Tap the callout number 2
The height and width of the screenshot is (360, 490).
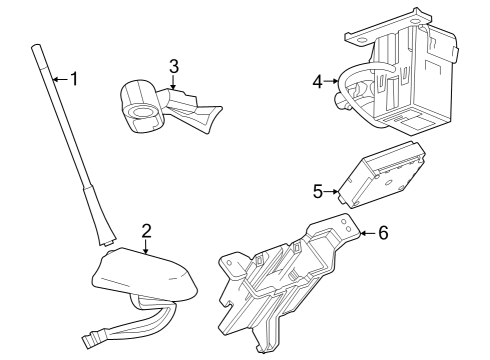[x=146, y=232]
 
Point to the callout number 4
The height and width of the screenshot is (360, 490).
[x=317, y=81]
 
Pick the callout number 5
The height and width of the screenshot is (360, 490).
[x=318, y=189]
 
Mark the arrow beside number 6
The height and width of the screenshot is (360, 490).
[x=365, y=233]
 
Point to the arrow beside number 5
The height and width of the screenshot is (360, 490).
[x=331, y=190]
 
